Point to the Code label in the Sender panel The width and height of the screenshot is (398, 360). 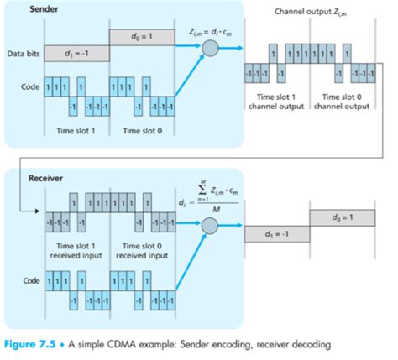coord(29,86)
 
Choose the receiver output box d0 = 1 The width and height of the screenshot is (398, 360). coord(343,217)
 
